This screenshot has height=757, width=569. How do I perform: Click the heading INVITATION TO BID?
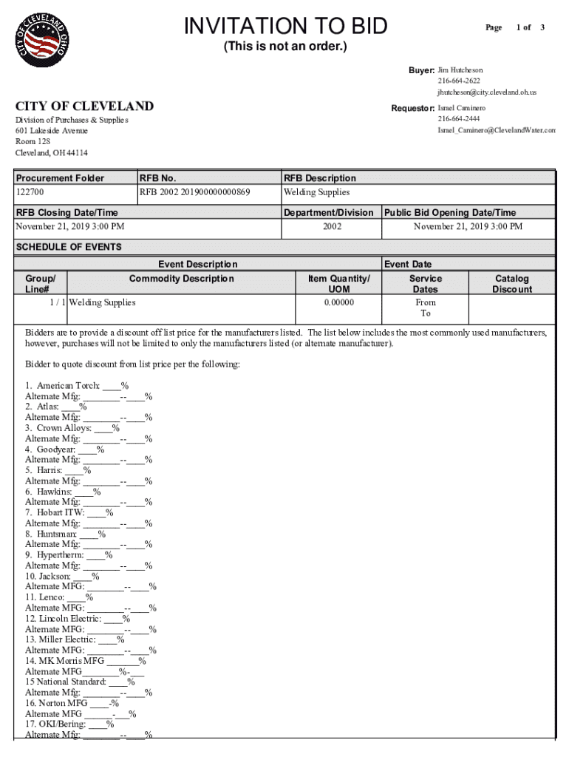point(285,27)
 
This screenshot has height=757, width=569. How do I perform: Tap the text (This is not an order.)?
point(285,48)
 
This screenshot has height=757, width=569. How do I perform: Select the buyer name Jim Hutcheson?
point(460,69)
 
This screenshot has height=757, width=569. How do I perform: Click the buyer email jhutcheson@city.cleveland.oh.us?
point(486,92)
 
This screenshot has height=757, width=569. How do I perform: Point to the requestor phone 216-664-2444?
point(458,119)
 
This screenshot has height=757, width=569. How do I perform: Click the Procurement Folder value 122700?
point(30,192)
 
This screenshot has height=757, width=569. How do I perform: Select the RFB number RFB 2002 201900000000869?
point(195,192)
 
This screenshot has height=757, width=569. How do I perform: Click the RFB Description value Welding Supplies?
point(317,192)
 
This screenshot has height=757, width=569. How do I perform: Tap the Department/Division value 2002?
point(332,226)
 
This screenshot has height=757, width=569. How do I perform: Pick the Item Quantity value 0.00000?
point(338,302)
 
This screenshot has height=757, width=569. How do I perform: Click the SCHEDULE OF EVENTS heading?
point(68,246)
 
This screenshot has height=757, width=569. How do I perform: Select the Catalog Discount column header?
point(511,284)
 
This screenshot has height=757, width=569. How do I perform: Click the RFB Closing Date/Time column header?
point(67,212)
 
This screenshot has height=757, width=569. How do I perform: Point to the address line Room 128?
point(33,141)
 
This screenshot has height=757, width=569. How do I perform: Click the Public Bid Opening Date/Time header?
point(449,212)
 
